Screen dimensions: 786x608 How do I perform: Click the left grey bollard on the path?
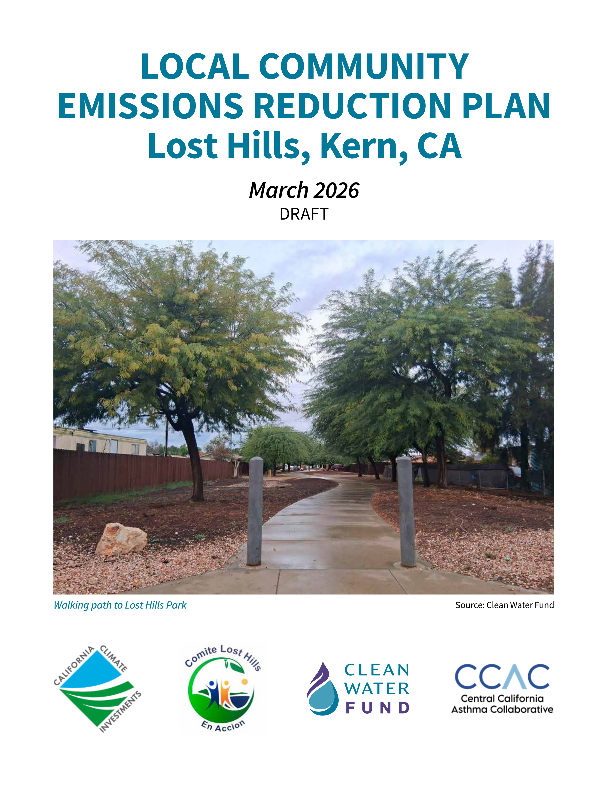click(255, 511)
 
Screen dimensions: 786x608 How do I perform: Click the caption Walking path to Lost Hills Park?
click(120, 605)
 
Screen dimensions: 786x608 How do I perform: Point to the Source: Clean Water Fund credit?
click(504, 605)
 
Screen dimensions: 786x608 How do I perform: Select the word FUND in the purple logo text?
click(377, 708)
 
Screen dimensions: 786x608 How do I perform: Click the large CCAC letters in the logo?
click(502, 677)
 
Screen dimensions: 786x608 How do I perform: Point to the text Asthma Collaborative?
click(502, 709)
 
